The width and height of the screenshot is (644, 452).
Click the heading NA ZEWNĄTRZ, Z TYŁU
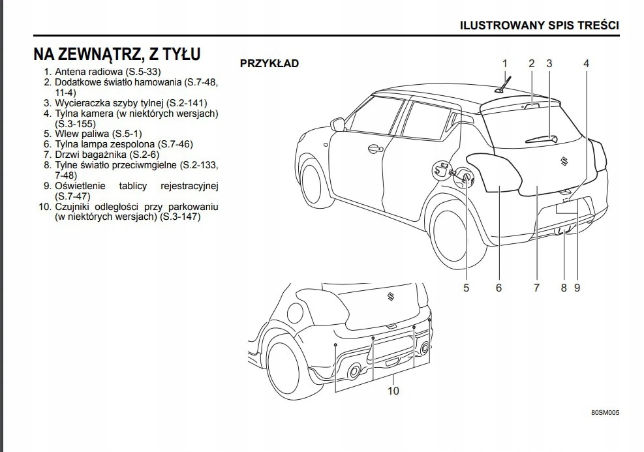point(117,53)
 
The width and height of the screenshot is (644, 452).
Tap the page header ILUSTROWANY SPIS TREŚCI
point(540,25)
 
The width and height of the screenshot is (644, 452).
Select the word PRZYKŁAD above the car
point(269,63)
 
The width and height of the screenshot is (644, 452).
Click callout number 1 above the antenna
point(504,63)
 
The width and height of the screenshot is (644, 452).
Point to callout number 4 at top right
point(586,63)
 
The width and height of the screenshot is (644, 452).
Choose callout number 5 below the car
point(466,287)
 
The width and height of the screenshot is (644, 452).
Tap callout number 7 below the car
point(536,287)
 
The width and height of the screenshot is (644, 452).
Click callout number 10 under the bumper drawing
point(393,391)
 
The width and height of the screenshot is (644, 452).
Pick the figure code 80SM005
point(605,413)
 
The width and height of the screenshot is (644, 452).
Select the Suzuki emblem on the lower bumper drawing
point(390,297)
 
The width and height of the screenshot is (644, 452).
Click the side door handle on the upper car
point(375,149)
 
